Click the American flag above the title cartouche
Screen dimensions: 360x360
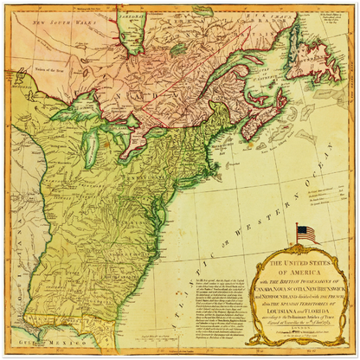coord(305,233)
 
